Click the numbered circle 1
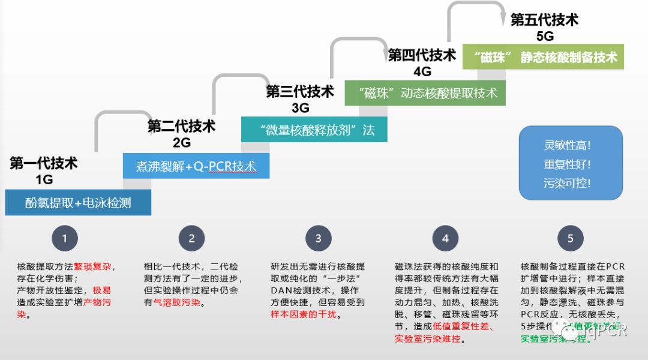click(x=65, y=238)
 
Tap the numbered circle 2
click(x=191, y=238)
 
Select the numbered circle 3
click(x=318, y=238)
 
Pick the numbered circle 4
click(x=445, y=238)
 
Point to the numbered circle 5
click(x=570, y=238)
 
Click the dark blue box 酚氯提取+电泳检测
click(x=78, y=203)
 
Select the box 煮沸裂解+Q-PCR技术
click(x=196, y=166)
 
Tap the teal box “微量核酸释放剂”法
click(x=314, y=130)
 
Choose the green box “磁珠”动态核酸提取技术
click(x=425, y=93)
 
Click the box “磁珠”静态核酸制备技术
click(x=543, y=57)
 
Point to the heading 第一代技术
click(x=43, y=163)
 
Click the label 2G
click(x=181, y=142)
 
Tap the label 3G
click(x=300, y=108)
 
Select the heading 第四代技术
click(x=422, y=55)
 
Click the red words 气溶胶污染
click(x=177, y=303)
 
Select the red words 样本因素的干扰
click(x=303, y=314)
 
